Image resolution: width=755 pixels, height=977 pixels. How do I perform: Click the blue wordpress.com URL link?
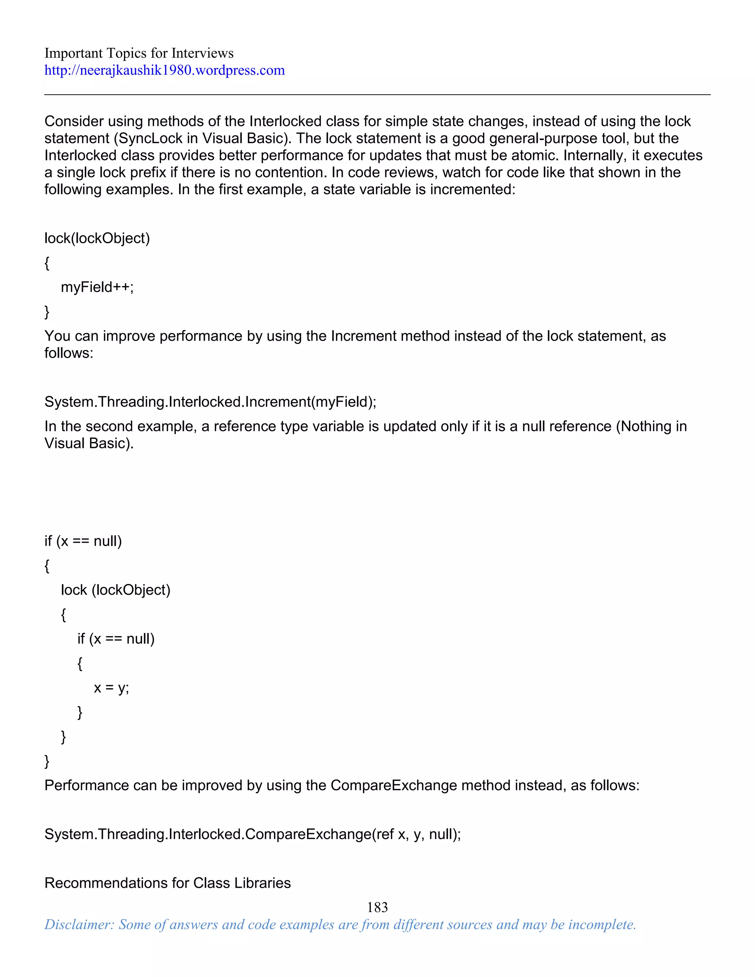click(x=164, y=70)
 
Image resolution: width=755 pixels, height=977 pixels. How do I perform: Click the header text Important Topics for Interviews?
click(x=139, y=53)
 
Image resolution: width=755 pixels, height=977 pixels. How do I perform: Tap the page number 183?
click(x=377, y=907)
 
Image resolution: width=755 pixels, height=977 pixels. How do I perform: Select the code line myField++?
click(x=97, y=287)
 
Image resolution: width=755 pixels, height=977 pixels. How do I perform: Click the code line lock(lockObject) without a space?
click(x=97, y=238)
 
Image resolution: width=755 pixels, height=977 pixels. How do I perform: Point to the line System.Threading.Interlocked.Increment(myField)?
click(x=210, y=402)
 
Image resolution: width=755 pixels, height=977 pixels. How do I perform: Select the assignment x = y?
click(x=111, y=687)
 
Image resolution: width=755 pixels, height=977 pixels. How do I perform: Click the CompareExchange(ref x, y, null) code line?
click(x=253, y=834)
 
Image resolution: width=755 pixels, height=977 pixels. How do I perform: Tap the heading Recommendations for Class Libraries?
click(x=168, y=883)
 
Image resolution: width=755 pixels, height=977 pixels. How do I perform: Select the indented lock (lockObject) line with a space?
click(x=115, y=590)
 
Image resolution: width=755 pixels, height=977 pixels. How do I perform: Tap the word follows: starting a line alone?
click(x=69, y=353)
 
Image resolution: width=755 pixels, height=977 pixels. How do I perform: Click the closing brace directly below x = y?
click(x=80, y=712)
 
